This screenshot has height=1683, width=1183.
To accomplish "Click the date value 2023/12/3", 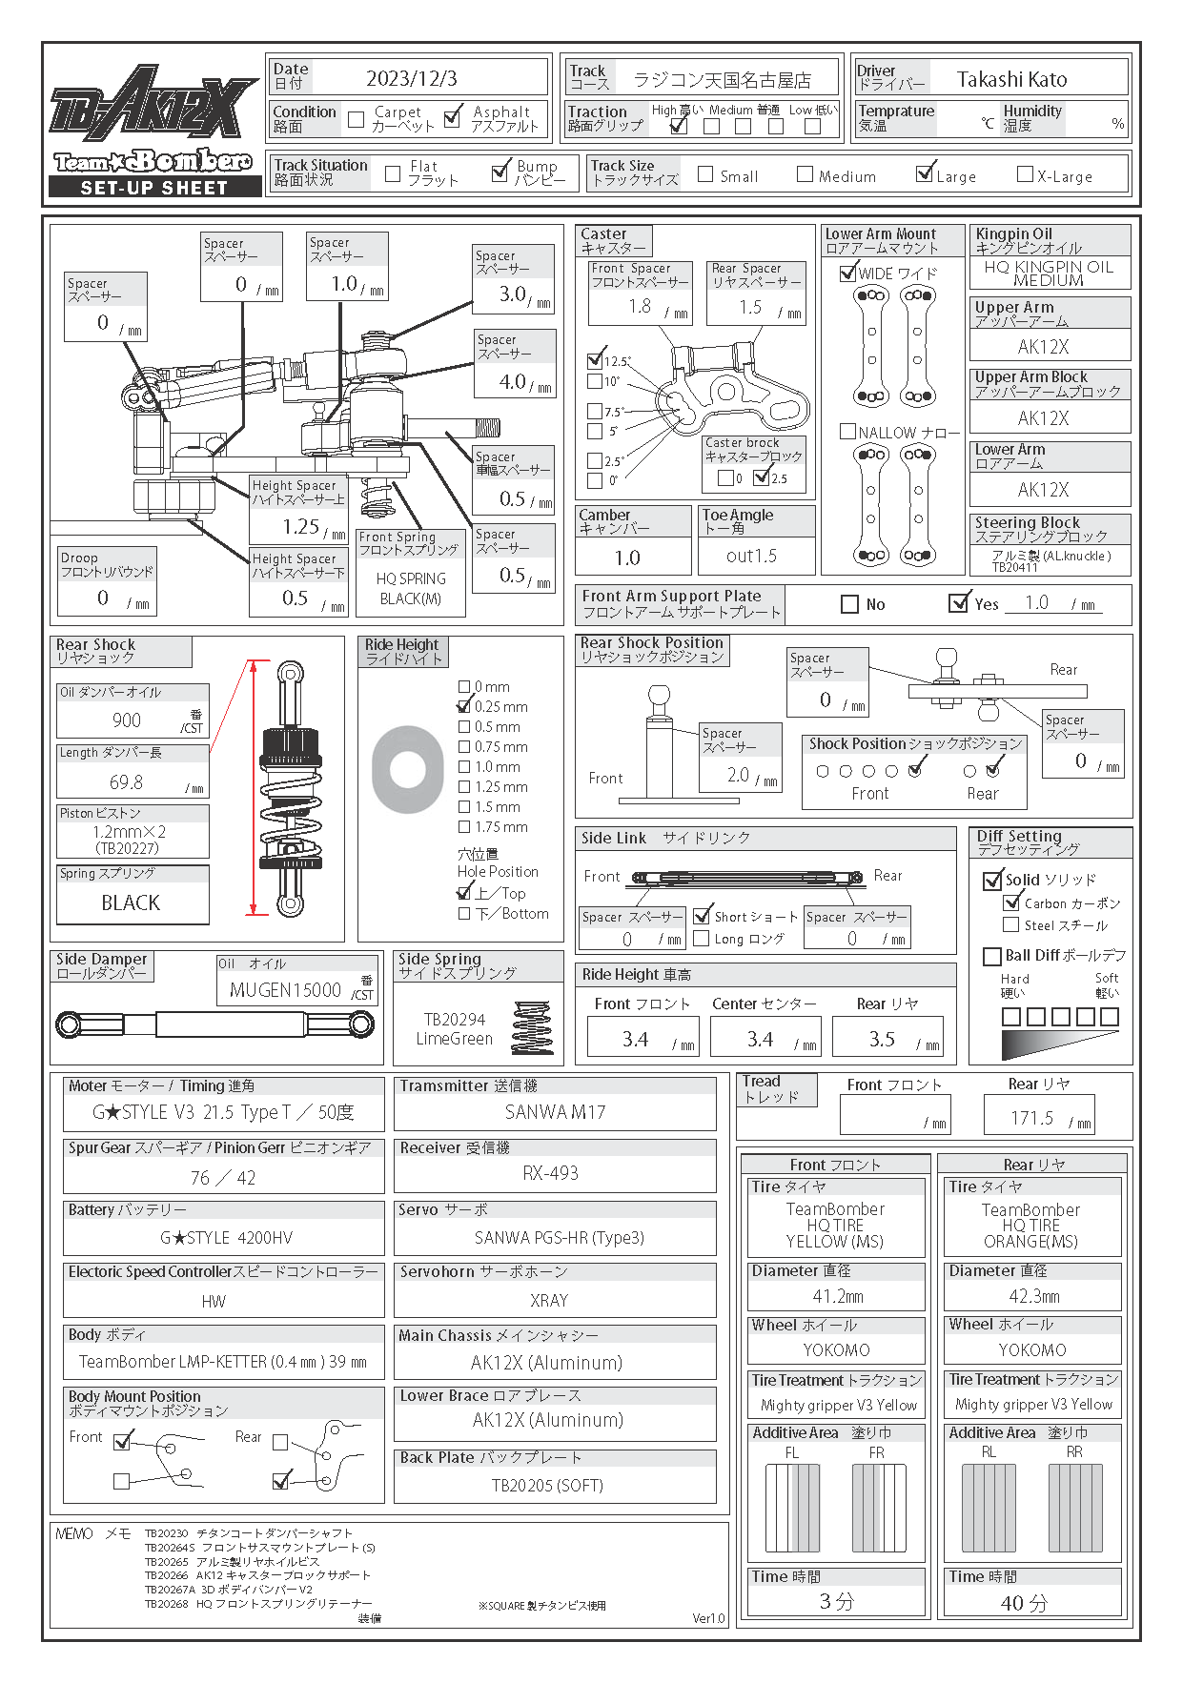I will [411, 78].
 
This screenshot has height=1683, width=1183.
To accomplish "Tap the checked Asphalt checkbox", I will [454, 117].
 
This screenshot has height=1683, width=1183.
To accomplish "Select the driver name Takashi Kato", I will [1011, 79].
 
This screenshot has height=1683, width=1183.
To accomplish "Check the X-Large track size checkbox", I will [1025, 174].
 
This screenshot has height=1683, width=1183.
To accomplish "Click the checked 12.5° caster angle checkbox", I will [596, 360].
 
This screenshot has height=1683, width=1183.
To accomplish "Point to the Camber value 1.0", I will [627, 558].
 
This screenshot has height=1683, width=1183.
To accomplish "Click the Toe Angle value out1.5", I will [751, 556].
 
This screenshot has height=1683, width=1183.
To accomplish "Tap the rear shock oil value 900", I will [127, 720].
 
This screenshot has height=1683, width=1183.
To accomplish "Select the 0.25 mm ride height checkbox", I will [464, 706].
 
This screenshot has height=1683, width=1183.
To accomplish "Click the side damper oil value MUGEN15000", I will [285, 990].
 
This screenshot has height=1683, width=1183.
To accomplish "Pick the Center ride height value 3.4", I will [760, 1039].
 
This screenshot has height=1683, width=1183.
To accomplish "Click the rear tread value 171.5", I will [1031, 1118].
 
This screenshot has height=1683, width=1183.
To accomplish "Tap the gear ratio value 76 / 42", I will [223, 1178].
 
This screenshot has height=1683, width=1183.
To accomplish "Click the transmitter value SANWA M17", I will [555, 1112].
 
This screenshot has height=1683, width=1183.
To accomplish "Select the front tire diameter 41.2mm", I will [838, 1296].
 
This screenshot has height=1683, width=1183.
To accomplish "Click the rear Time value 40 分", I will [1024, 1603].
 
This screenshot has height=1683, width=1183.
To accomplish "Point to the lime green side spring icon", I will [532, 1028].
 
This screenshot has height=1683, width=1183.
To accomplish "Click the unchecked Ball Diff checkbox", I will [991, 956].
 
